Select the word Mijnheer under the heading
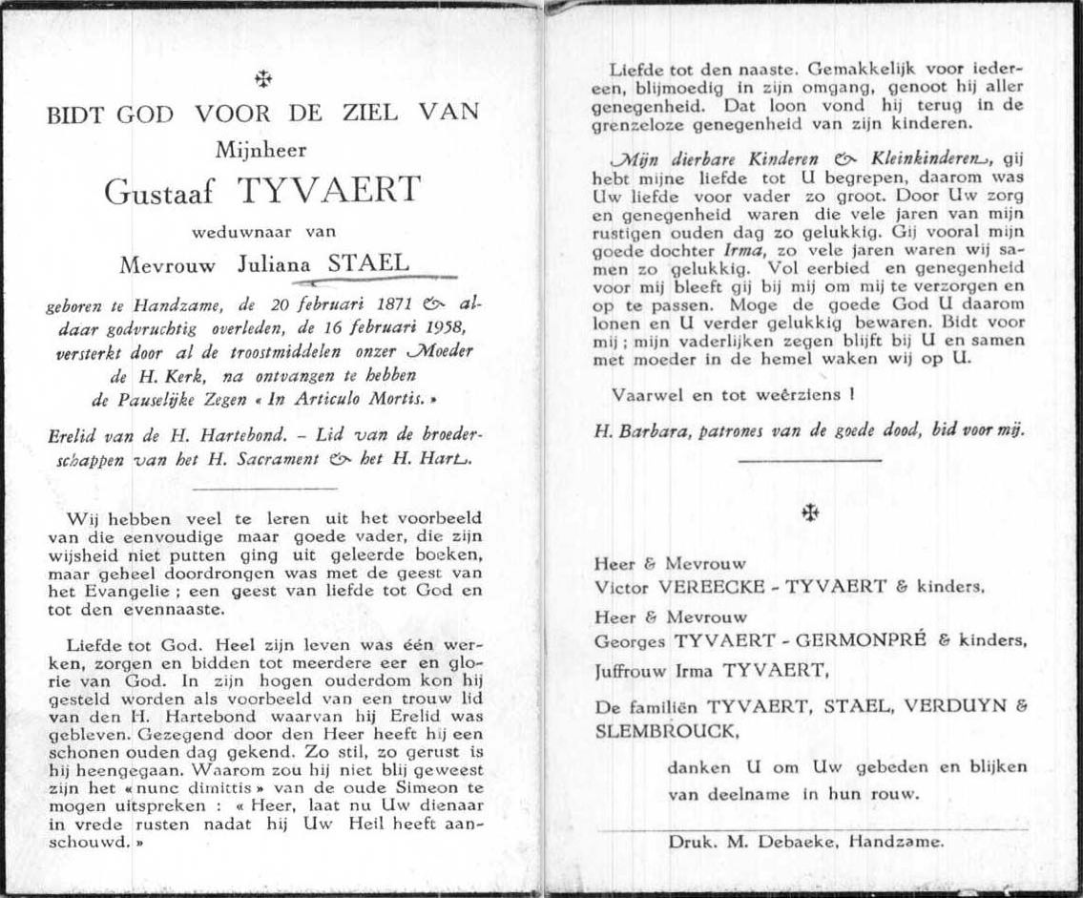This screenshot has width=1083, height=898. coord(263,148)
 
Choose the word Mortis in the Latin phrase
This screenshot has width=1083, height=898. coord(413,395)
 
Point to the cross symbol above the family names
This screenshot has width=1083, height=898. coord(809,512)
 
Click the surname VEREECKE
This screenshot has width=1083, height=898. coord(706,586)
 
